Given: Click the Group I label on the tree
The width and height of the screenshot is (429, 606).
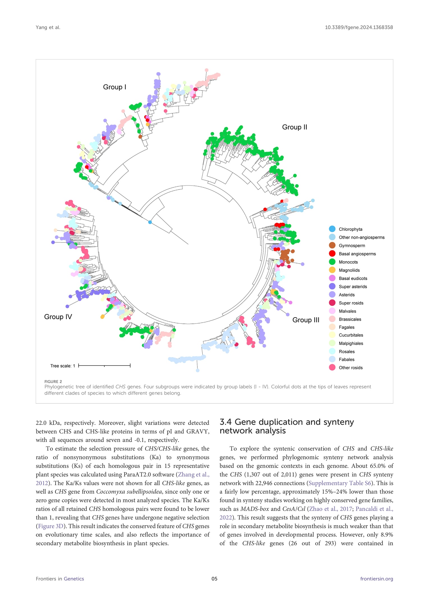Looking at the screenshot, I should (115, 87).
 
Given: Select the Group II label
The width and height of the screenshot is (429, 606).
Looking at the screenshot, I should (295, 127).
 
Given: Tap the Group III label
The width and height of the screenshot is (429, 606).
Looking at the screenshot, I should (306, 320).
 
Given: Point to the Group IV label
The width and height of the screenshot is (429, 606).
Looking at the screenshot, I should (58, 317).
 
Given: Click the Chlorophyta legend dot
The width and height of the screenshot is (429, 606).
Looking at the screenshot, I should (332, 229).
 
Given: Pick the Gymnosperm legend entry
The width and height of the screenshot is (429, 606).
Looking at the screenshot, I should (352, 245).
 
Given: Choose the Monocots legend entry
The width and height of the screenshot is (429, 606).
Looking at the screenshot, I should (348, 262).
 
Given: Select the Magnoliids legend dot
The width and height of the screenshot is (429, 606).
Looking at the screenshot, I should (332, 270).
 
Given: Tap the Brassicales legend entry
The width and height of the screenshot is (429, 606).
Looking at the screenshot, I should (350, 319).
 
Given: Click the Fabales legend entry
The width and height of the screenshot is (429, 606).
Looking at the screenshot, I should (346, 359).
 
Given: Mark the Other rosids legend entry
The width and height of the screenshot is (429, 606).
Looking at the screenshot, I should (350, 368).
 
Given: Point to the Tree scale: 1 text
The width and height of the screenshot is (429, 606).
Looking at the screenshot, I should (63, 366).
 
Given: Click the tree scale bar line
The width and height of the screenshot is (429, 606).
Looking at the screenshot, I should (104, 366).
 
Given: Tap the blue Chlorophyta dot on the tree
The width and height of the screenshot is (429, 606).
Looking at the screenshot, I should (150, 222).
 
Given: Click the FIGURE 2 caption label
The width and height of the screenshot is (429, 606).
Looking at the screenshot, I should (53, 382).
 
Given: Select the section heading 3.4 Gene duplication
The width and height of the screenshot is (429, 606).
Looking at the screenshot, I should (286, 426).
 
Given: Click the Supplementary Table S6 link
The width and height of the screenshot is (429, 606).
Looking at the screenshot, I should (340, 483).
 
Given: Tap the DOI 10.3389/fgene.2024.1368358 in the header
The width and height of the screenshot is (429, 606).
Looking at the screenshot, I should (359, 27).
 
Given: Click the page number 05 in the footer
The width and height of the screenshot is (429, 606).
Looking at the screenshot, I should (214, 579).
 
